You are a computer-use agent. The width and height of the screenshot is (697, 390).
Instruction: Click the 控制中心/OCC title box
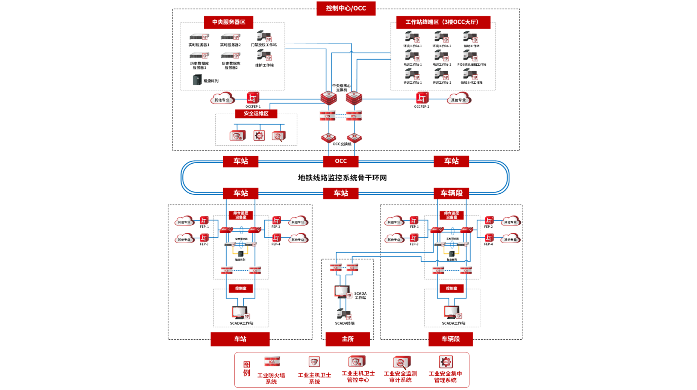click(345, 8)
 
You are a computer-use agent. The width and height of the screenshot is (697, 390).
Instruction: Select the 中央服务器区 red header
click(228, 22)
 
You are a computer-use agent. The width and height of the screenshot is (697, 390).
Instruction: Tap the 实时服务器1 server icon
click(199, 37)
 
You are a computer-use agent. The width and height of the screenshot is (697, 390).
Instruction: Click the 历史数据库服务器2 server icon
click(230, 56)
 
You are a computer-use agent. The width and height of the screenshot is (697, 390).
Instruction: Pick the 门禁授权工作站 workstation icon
click(264, 36)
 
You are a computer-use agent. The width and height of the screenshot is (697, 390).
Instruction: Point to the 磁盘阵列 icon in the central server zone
click(197, 80)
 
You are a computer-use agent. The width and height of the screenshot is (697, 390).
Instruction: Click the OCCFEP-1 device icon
click(253, 98)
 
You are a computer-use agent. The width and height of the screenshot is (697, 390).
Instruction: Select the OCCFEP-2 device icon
click(422, 98)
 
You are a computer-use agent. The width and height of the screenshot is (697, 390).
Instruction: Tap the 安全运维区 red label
click(256, 113)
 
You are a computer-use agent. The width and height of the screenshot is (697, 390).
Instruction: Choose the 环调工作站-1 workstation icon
click(412, 37)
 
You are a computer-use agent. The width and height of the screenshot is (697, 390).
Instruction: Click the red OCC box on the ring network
click(341, 161)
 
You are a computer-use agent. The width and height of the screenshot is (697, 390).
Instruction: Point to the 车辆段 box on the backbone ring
click(451, 193)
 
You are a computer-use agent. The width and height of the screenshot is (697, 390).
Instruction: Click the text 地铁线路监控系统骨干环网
click(342, 178)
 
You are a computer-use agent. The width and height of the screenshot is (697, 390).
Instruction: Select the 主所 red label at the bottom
click(347, 339)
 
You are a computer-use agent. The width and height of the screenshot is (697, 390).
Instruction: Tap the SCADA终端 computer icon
click(344, 314)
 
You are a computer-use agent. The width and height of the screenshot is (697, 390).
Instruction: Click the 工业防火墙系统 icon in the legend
click(271, 361)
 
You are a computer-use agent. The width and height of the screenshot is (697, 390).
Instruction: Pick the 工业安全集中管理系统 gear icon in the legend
click(445, 362)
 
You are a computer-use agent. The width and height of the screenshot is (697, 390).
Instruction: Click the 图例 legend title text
click(247, 369)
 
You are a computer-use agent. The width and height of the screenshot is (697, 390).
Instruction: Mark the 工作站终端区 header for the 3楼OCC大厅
click(443, 22)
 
